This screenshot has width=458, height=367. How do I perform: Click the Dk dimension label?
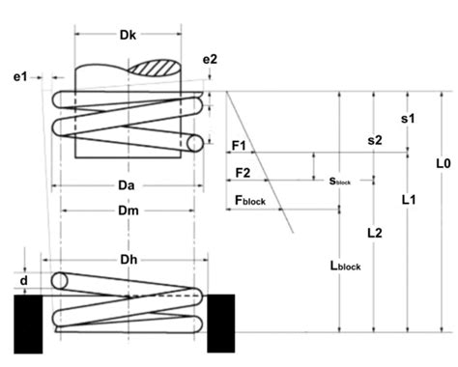128,35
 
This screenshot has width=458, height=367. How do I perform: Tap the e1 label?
20,77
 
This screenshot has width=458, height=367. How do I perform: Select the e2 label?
210,59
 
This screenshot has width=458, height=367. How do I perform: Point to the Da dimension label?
127,185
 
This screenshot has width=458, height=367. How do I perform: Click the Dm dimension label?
129,211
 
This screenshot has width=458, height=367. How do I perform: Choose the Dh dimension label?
129,259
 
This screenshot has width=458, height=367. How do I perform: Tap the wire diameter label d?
24,281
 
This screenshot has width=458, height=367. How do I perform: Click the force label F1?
239,146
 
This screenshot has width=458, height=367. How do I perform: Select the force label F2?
243,173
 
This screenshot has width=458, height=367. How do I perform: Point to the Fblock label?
250,200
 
